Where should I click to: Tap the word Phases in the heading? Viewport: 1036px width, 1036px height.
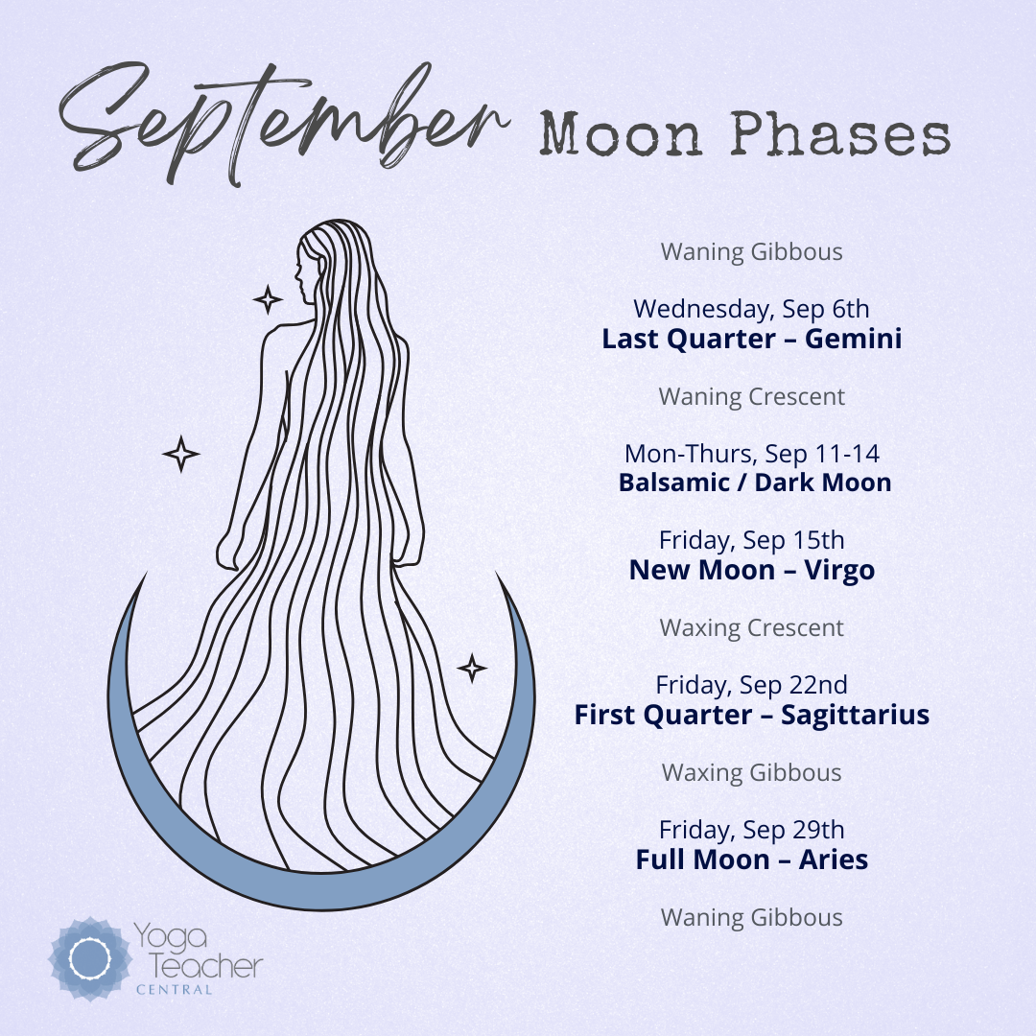[840, 134]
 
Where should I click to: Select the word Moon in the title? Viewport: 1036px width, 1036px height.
[620, 134]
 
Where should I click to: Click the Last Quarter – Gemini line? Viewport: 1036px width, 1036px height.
[752, 339]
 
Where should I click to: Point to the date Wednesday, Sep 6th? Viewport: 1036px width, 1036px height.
[752, 309]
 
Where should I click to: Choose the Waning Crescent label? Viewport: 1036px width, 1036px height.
[752, 396]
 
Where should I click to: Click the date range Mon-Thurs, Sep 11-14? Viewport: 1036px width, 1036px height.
[752, 454]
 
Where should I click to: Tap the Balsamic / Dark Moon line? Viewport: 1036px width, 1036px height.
[755, 483]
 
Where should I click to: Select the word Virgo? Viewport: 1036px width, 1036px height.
[839, 571]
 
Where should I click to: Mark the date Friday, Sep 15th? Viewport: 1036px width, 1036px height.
[752, 540]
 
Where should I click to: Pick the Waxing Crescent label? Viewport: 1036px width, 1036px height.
[752, 627]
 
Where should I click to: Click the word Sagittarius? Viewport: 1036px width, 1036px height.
[855, 716]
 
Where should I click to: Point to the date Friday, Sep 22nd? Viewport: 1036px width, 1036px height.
[752, 685]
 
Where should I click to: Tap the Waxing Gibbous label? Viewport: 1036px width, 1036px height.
[752, 772]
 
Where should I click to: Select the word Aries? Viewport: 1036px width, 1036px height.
[834, 859]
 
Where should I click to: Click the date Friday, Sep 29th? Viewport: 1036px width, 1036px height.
[752, 830]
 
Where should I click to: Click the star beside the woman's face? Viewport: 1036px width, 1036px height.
[268, 299]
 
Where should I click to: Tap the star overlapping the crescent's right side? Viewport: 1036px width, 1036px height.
[472, 668]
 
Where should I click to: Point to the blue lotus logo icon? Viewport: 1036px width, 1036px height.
[90, 958]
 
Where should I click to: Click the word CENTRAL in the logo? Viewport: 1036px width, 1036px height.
[175, 990]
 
